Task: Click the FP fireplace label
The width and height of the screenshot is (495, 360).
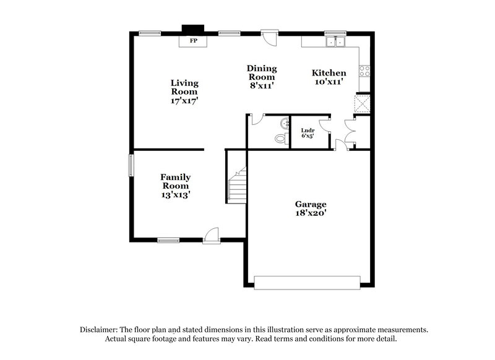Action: click(193, 41)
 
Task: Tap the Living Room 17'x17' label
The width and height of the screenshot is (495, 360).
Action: click(184, 91)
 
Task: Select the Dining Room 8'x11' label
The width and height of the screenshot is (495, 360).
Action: click(261, 77)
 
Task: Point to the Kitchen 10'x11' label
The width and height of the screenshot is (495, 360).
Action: click(329, 77)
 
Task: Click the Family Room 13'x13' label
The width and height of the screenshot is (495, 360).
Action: click(176, 186)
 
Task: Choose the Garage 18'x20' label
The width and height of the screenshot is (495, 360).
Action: click(311, 208)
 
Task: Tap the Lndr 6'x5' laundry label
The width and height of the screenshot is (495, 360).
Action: click(308, 133)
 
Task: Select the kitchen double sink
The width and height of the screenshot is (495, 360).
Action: click(337, 41)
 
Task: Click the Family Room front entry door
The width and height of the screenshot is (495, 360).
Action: click(212, 236)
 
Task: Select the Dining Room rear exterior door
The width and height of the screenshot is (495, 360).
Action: click(269, 38)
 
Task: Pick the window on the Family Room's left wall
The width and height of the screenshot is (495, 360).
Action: click(131, 165)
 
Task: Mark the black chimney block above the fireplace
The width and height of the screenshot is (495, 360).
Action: click(192, 28)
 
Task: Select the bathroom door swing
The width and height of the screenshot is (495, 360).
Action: click(256, 120)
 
